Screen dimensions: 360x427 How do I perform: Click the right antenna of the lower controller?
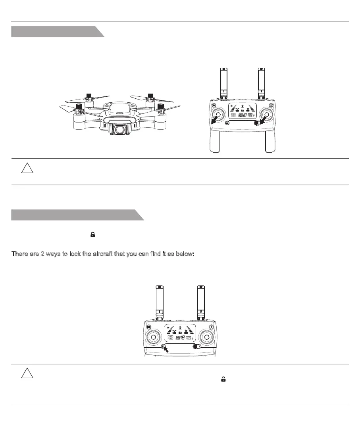click(x=202, y=301)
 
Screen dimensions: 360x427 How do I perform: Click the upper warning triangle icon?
click(x=27, y=169)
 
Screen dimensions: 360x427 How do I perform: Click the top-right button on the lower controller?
click(x=214, y=327)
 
